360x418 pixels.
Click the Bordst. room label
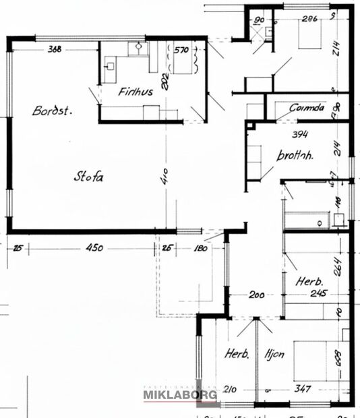[x=52, y=111]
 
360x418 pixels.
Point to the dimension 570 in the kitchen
[x=181, y=49]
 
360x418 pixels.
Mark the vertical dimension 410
[x=164, y=178]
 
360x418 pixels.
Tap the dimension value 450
[x=94, y=248]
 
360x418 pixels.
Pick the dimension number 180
[x=200, y=248]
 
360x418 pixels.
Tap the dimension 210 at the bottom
[x=231, y=389]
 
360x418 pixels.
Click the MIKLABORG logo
[x=179, y=394]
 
